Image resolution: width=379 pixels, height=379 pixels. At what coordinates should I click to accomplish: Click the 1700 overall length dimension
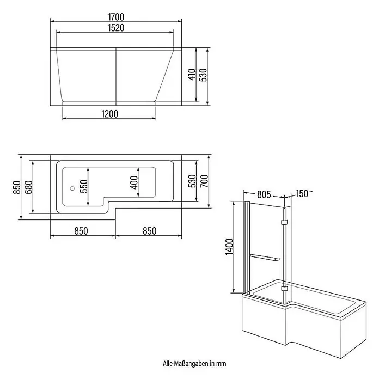(x=116, y=17)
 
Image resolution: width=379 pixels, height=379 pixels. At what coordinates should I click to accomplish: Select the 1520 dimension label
(x=116, y=28)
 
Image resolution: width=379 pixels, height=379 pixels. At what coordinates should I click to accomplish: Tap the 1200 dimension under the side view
(x=110, y=114)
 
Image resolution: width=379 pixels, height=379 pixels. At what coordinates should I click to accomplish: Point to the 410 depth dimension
(x=192, y=75)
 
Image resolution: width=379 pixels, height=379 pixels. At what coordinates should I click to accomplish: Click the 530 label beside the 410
(x=204, y=75)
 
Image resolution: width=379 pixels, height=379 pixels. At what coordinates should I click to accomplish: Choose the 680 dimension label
(x=28, y=187)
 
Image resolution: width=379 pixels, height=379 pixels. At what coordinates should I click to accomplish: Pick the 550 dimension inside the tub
(x=84, y=186)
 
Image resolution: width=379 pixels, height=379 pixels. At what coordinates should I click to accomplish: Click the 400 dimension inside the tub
(x=133, y=183)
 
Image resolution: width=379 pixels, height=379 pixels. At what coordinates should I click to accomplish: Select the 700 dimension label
(x=204, y=181)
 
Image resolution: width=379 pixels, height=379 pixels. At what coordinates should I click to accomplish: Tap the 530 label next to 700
(x=192, y=181)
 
